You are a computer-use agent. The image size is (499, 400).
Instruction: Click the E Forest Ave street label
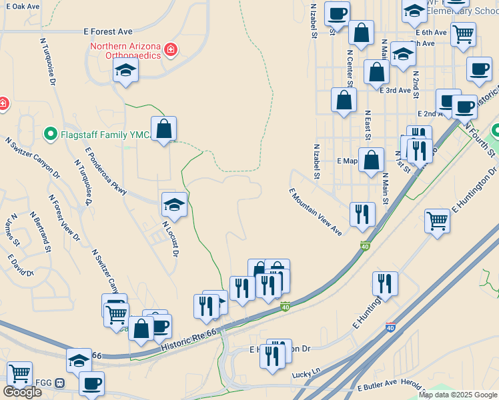coord(108,31)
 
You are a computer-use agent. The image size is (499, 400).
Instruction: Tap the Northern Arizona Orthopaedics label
coord(126,50)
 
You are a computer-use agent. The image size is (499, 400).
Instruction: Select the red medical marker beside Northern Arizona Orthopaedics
coord(171,49)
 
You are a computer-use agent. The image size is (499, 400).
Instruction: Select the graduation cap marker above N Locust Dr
coord(174,204)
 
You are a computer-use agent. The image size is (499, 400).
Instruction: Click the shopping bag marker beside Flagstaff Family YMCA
coord(164,129)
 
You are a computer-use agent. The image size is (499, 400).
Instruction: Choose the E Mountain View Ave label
coord(315,211)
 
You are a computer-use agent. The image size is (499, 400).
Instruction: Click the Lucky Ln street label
coord(306,375)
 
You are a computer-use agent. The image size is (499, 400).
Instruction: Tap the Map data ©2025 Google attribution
coord(458,395)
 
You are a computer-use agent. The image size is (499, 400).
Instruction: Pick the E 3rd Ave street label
coord(395,90)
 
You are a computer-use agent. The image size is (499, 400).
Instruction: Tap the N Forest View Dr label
coord(64,217)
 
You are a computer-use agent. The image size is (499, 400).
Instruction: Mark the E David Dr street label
coord(21,265)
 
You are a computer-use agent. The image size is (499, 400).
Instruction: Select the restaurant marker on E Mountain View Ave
coord(362,214)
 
